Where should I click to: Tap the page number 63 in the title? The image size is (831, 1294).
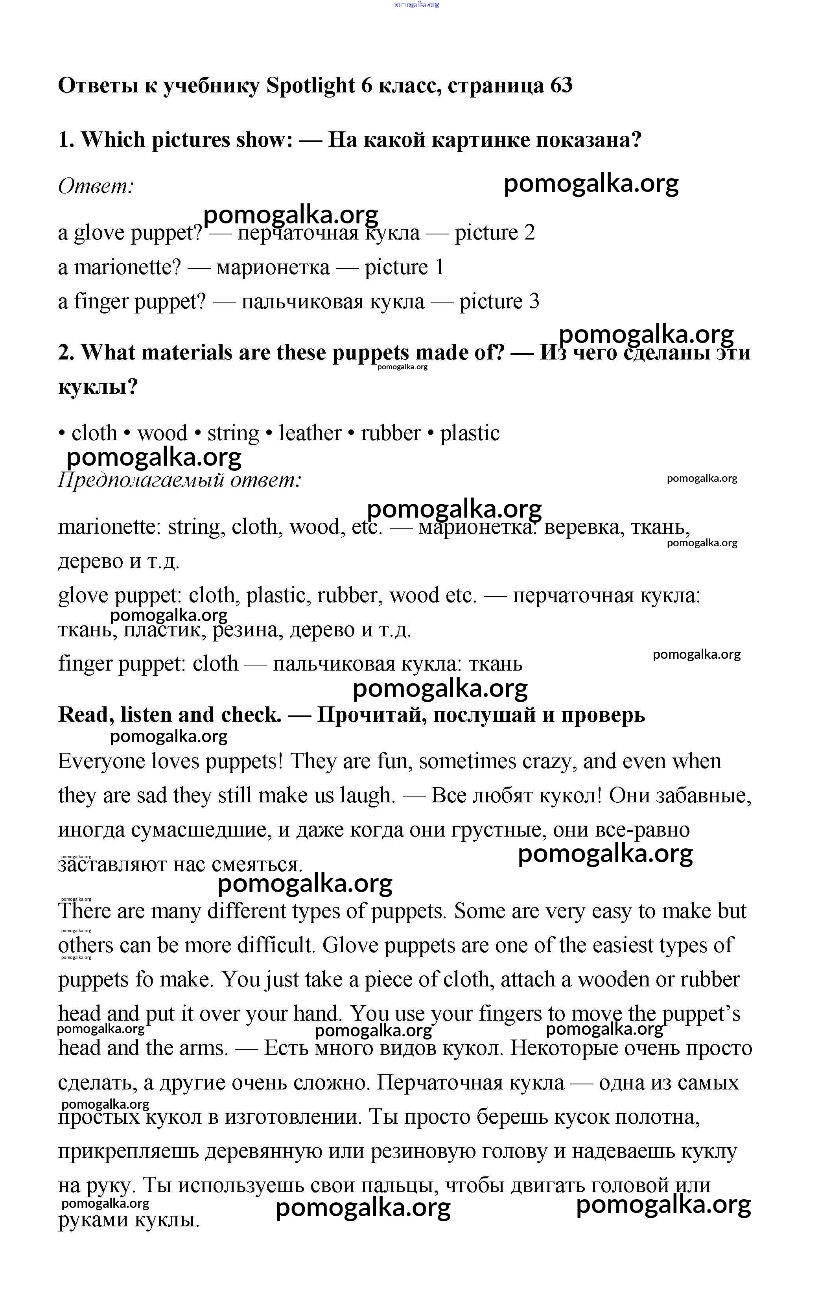coord(561,85)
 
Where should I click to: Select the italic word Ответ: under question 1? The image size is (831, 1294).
coord(96,187)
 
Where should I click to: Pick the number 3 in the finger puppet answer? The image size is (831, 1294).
coord(534,302)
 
